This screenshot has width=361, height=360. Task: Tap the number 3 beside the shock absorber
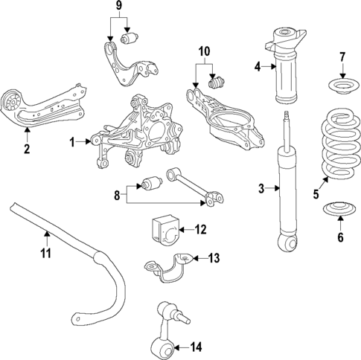coord(261,189)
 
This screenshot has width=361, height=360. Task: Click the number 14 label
coord(197,345)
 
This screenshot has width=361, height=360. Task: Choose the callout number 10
coord(205,53)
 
